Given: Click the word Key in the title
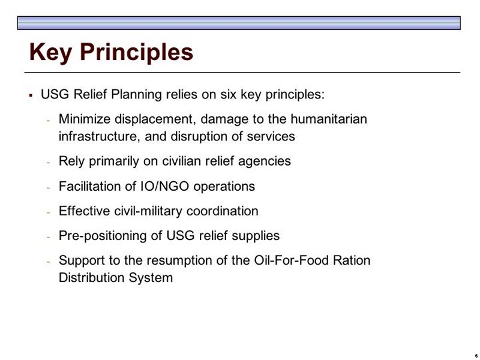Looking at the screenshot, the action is (50, 53).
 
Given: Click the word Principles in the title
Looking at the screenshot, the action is (137, 53).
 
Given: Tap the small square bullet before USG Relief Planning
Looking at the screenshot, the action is (31, 95).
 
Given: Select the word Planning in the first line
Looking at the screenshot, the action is (136, 95).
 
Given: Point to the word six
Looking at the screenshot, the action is (229, 94).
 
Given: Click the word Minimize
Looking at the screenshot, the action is (84, 119).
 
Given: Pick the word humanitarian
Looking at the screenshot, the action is (329, 119).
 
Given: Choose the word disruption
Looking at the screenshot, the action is (199, 137).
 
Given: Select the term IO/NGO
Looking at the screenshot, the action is (164, 186).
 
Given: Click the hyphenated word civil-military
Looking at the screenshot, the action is (148, 211).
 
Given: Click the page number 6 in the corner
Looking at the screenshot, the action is (476, 356).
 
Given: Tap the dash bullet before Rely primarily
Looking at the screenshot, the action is (49, 162).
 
